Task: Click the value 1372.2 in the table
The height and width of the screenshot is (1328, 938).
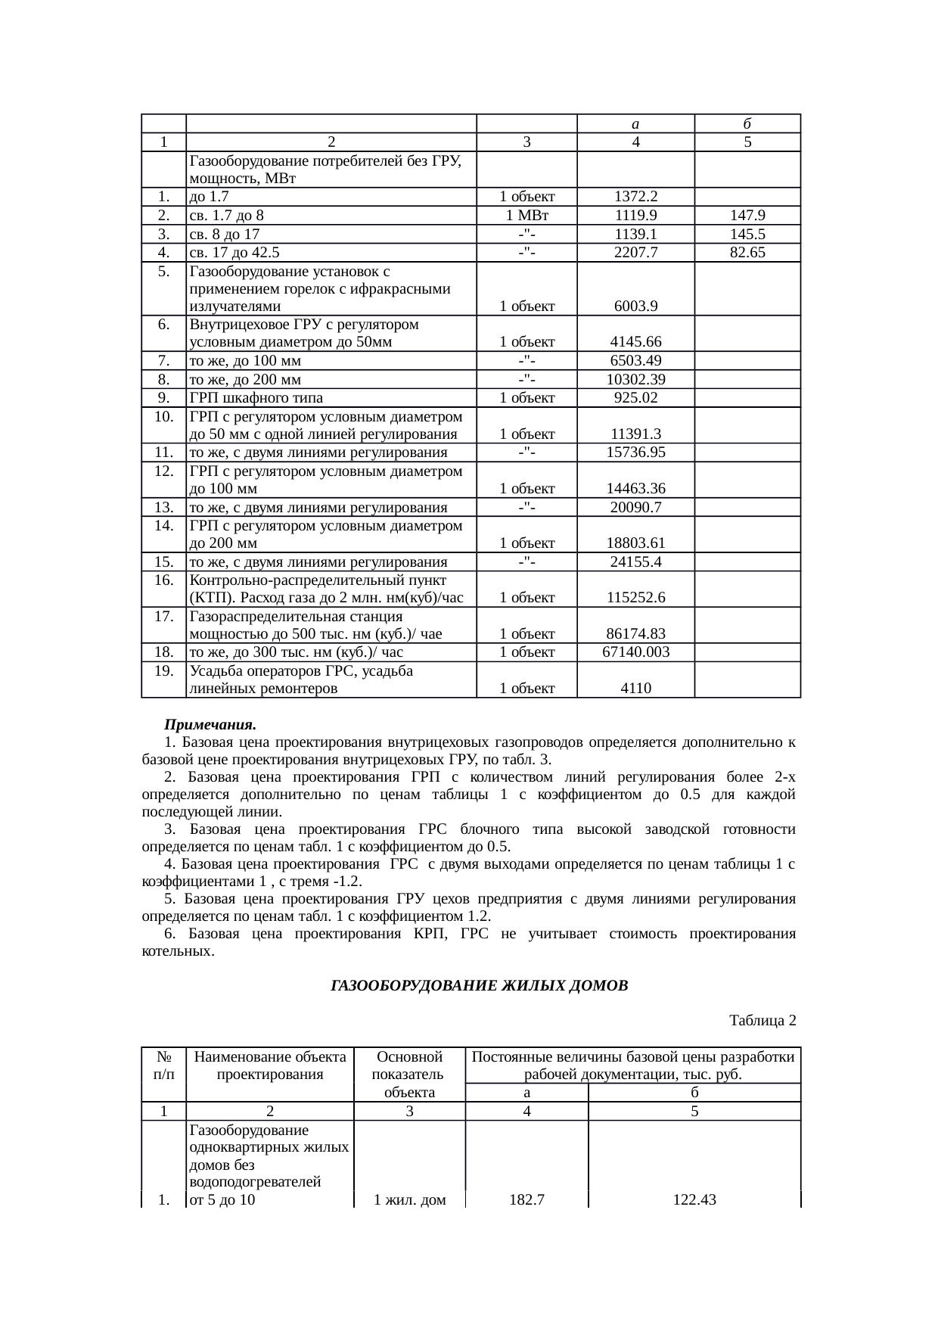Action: coord(635,197)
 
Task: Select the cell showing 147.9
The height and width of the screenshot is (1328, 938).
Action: coord(747,215)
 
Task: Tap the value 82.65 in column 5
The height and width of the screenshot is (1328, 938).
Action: coord(747,252)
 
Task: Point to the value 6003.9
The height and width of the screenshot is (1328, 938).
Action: coord(635,306)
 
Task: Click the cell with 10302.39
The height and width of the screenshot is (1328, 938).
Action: coord(635,379)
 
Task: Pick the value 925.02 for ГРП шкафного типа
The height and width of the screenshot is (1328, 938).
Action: coord(635,398)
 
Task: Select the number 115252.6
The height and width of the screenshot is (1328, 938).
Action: coord(635,598)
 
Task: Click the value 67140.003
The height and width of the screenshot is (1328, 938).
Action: coord(635,652)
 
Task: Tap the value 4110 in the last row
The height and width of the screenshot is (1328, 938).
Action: coord(635,689)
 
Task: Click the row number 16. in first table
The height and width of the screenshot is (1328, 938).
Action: coord(163,580)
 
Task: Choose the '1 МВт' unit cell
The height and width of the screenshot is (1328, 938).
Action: coord(526,215)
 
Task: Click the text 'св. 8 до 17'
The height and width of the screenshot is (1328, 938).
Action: coord(226,234)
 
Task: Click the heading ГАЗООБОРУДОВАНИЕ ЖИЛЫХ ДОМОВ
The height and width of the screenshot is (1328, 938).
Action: coord(480,986)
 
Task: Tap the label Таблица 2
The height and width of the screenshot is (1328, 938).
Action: coord(762,1021)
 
